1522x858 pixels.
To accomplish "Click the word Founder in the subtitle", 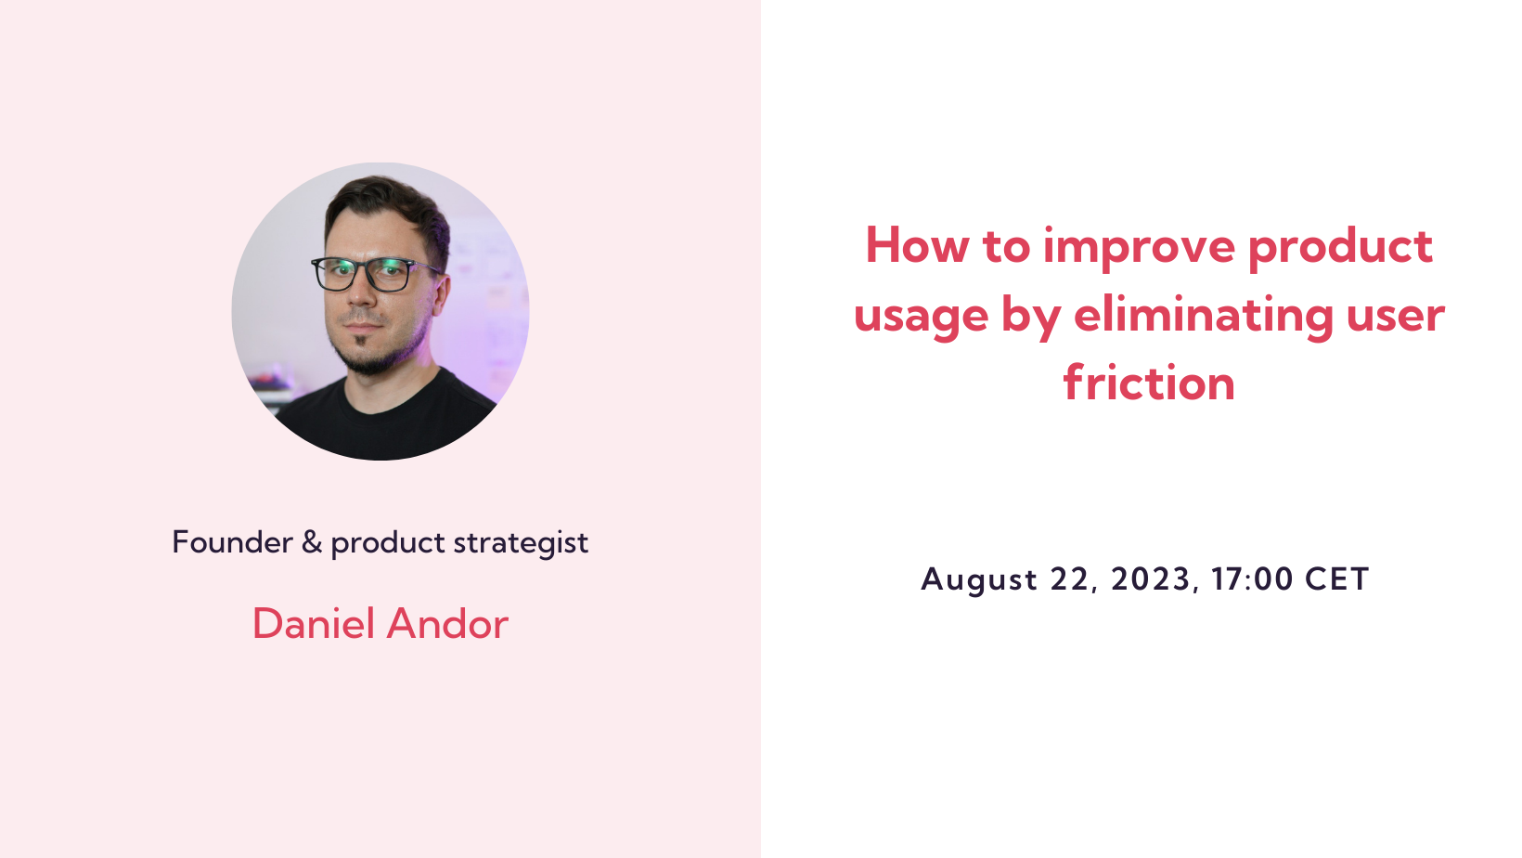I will [232, 542].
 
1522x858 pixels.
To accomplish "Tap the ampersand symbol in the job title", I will [312, 542].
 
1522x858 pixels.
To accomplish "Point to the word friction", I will [1149, 383].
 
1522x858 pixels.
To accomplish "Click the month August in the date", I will [979, 580].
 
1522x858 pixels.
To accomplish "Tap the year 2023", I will [1151, 579].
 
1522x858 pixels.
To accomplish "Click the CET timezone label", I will [1337, 579].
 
